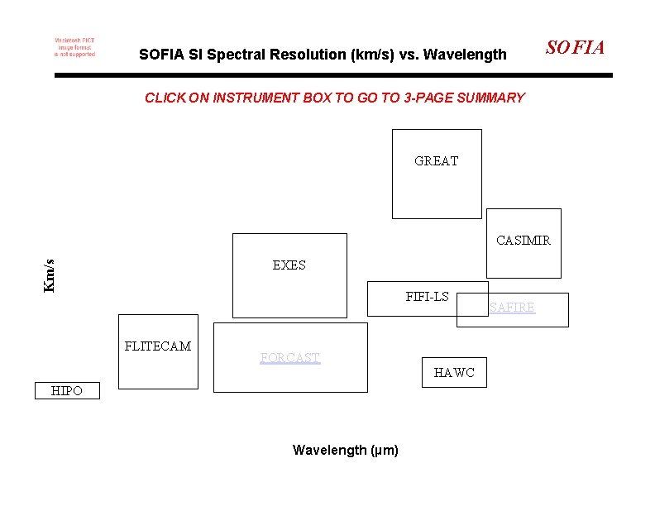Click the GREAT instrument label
tap(436, 161)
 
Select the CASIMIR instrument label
tap(523, 241)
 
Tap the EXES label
tap(289, 265)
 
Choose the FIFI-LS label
tap(427, 296)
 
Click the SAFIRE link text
tap(512, 308)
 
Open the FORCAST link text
tap(289, 358)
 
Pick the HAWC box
tap(454, 373)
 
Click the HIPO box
tap(66, 391)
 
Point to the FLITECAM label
tap(157, 346)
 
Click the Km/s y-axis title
tap(50, 275)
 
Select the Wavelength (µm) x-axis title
tap(345, 451)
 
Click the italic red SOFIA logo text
tap(575, 48)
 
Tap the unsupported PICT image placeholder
tap(74, 47)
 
